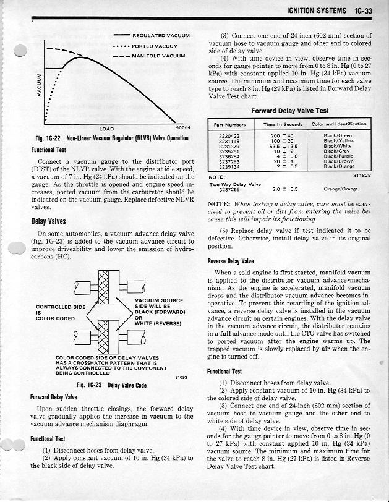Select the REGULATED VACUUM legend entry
click(160, 36)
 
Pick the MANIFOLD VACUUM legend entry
click(158, 56)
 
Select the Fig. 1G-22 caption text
click(109, 138)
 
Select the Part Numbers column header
click(229, 124)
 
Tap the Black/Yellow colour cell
click(338, 140)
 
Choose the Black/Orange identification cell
click(338, 166)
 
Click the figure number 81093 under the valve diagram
click(181, 376)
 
